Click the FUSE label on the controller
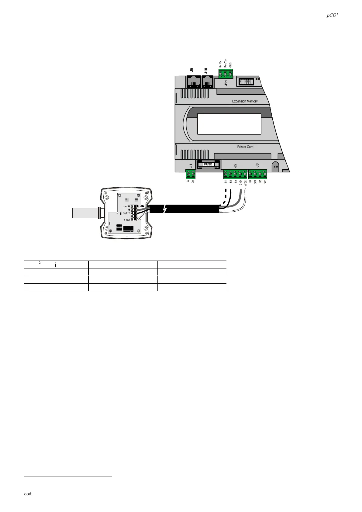[208, 164]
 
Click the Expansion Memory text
[245, 101]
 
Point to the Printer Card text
[245, 147]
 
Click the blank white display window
[229, 124]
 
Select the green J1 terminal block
[190, 174]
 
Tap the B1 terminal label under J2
[226, 182]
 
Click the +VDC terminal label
[245, 183]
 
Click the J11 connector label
[226, 83]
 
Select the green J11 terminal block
[226, 73]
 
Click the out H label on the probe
[126, 206]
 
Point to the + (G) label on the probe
[126, 220]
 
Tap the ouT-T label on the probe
[126, 213]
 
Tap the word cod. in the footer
[28, 494]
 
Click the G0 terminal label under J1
[193, 182]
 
